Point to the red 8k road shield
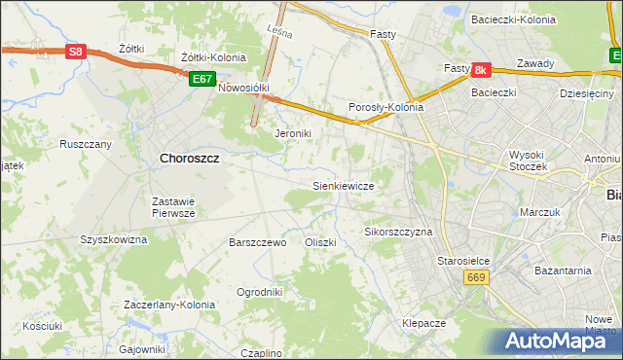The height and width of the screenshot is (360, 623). pyautogui.click(x=481, y=70)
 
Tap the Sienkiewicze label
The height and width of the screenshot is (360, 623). pyautogui.click(x=343, y=185)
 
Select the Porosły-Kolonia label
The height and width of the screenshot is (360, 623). pyautogui.click(x=385, y=108)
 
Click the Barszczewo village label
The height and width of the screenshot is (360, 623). pyautogui.click(x=257, y=242)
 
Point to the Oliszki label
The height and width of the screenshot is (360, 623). pyautogui.click(x=320, y=242)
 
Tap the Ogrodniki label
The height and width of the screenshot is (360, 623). pyautogui.click(x=260, y=291)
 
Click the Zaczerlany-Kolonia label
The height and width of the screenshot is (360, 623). pyautogui.click(x=169, y=305)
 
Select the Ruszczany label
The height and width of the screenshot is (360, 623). pyautogui.click(x=86, y=144)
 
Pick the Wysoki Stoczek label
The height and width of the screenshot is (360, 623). pyautogui.click(x=529, y=161)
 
